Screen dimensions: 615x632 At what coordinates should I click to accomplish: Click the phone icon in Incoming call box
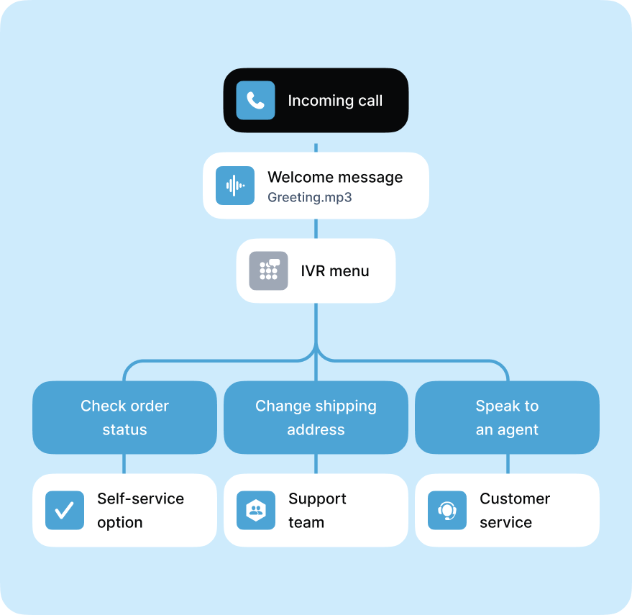pyautogui.click(x=255, y=100)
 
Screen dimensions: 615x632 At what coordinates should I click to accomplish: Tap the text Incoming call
pyautogui.click(x=335, y=101)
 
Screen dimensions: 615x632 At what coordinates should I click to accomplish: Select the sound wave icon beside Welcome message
pyautogui.click(x=235, y=186)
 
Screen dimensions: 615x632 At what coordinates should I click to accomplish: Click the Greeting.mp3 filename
pyautogui.click(x=309, y=196)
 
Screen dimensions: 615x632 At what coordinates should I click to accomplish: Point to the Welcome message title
pyautogui.click(x=335, y=177)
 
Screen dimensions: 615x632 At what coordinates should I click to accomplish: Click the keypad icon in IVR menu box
pyautogui.click(x=268, y=270)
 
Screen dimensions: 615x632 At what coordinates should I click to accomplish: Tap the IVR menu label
pyautogui.click(x=334, y=271)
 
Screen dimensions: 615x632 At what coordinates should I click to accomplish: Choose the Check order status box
pyautogui.click(x=124, y=417)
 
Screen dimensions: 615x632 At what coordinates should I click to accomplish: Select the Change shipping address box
pyautogui.click(x=316, y=417)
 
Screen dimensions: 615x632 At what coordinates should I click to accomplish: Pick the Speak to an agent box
pyautogui.click(x=507, y=417)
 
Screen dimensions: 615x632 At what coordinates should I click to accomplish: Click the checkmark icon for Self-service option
pyautogui.click(x=65, y=511)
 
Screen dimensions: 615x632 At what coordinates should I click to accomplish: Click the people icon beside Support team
pyautogui.click(x=256, y=511)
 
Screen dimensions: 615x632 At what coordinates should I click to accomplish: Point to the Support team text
pyautogui.click(x=317, y=511)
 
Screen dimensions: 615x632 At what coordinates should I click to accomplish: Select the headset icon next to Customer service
pyautogui.click(x=447, y=511)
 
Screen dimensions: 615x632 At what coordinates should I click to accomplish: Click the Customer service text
pyautogui.click(x=515, y=511)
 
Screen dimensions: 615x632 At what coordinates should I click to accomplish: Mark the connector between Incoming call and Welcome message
pyautogui.click(x=316, y=142)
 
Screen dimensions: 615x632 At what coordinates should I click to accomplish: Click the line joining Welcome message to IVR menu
pyautogui.click(x=316, y=229)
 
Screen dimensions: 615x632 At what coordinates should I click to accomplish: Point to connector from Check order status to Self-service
pyautogui.click(x=124, y=464)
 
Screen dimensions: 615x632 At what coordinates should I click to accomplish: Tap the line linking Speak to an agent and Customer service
pyautogui.click(x=507, y=464)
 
